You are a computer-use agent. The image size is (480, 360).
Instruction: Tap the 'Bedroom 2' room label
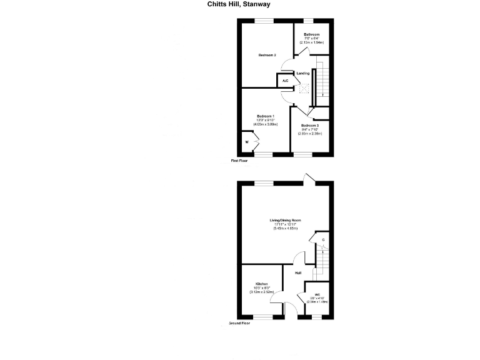coord(267,55)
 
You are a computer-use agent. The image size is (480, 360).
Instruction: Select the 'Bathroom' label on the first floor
coord(312,34)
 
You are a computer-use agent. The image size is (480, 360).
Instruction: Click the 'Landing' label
coord(303,74)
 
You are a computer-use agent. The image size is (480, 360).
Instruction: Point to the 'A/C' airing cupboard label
coord(285,81)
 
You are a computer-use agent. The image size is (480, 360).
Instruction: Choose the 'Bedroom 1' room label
coord(266,116)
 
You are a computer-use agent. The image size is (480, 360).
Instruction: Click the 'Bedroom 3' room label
coord(309,126)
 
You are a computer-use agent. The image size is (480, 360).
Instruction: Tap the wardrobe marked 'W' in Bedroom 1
coord(247,142)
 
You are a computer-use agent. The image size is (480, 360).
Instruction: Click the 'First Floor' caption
coord(239,161)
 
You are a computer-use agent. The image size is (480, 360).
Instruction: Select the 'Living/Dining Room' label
coord(286,220)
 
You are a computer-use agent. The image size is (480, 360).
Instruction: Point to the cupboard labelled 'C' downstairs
coord(323,240)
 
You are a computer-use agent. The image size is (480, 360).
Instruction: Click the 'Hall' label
coord(298,273)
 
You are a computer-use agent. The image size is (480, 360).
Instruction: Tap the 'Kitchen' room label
coord(261,283)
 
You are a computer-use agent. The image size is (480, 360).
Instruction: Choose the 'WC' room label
coord(317,294)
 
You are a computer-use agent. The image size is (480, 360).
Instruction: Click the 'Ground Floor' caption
coord(239,324)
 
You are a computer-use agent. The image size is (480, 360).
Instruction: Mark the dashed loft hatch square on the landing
coord(304,89)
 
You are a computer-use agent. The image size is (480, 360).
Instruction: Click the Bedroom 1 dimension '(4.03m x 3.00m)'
coord(266,124)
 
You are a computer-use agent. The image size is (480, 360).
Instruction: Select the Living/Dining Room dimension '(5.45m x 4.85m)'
coord(286,229)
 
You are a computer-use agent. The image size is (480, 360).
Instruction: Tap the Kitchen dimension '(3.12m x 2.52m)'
coord(261,292)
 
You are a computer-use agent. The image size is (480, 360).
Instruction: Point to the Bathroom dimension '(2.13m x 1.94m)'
coord(312,42)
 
